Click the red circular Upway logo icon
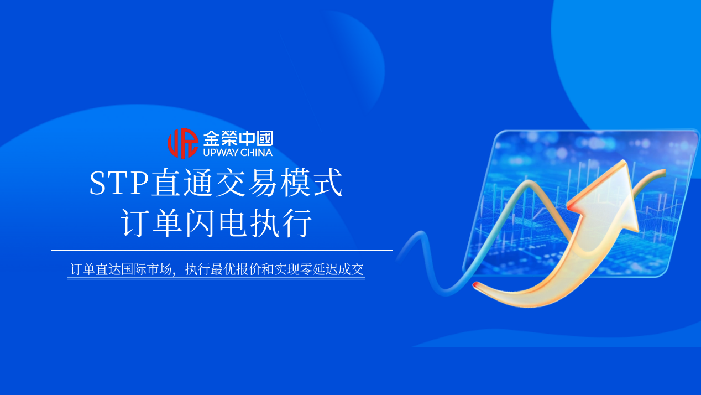(182, 143)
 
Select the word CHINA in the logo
(257, 152)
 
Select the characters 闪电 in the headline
(216, 223)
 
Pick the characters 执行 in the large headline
(281, 223)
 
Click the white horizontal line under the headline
(221, 251)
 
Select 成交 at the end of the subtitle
(352, 270)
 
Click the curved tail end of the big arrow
(477, 286)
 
